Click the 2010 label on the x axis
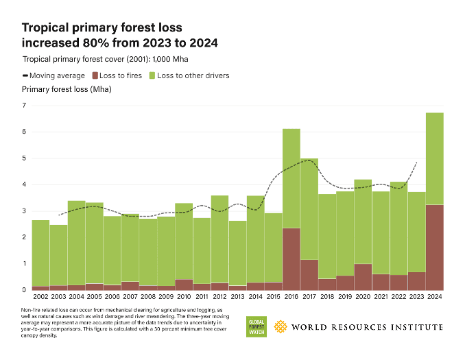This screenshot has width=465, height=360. tap(184, 297)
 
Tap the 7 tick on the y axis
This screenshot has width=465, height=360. tap(25, 106)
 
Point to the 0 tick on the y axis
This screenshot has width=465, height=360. tap(25, 290)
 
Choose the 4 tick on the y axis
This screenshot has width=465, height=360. tap(25, 184)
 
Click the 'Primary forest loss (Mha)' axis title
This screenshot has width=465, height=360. tap(67, 89)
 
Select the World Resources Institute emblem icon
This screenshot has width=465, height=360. tap(280, 327)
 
